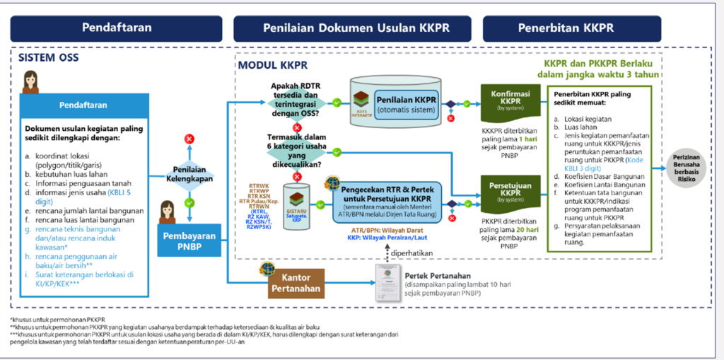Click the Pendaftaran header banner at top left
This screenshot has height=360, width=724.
point(117,28)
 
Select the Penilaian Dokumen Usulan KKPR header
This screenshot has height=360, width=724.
point(353,28)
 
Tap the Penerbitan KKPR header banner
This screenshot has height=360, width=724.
point(566,28)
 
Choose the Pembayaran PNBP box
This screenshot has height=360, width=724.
point(189,242)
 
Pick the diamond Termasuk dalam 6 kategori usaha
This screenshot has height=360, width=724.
point(297,153)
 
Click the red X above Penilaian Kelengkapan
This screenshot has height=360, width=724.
point(189,139)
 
